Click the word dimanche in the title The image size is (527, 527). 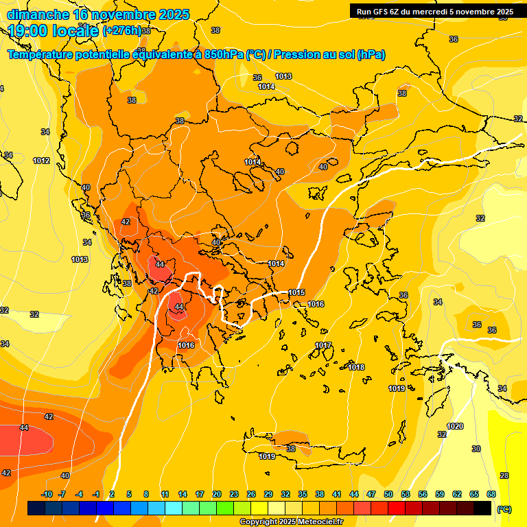click(38, 14)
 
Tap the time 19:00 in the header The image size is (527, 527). click(30, 30)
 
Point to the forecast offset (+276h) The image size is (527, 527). click(122, 30)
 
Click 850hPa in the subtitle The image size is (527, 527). click(223, 55)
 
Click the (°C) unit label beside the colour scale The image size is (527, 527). click(504, 508)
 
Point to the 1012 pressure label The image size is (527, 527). click(41, 161)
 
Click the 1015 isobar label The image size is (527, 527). click(296, 293)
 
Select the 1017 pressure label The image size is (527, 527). click(324, 345)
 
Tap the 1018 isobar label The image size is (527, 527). click(356, 368)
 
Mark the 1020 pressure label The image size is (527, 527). click(455, 426)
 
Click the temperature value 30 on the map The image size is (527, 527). click(476, 449)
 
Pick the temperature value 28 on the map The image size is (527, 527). click(504, 476)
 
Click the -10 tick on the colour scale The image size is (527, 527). click(47, 494)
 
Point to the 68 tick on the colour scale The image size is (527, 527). click(491, 494)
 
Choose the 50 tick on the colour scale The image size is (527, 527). click(388, 494)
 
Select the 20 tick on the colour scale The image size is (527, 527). click(217, 494)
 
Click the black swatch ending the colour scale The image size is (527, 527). click(483, 508)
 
